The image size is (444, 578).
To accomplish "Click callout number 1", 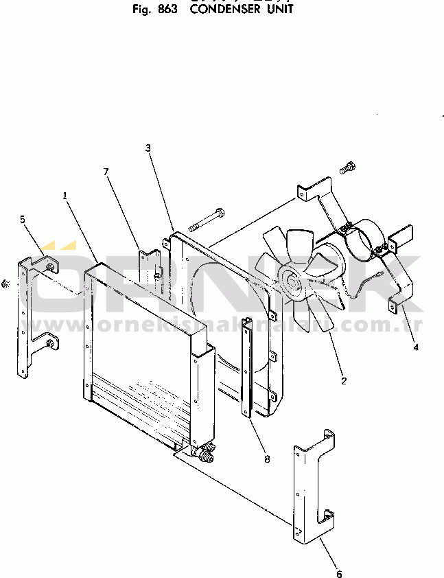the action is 66,195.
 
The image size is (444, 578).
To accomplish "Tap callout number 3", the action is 148,148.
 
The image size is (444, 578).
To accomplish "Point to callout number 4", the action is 415,347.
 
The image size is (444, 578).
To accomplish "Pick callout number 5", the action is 23,219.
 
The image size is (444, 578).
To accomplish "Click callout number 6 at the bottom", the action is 338,573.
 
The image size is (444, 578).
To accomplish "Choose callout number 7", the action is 106,172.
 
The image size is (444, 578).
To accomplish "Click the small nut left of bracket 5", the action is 5,284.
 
